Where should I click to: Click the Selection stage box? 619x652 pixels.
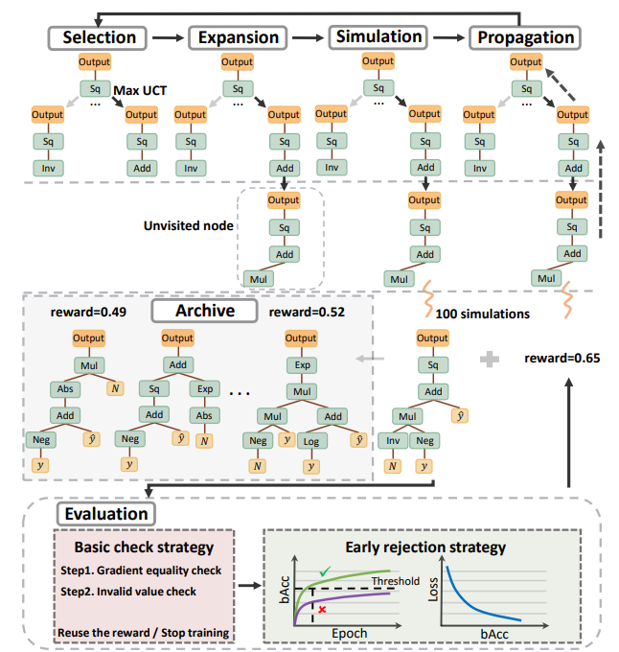(99, 38)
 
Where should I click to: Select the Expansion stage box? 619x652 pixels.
(238, 38)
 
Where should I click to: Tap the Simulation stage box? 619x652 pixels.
(378, 37)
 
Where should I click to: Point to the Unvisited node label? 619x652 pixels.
(187, 227)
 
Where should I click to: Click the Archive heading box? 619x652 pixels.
(204, 312)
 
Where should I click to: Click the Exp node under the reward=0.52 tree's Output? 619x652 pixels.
(301, 365)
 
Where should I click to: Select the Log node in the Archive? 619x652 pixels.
(311, 441)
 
